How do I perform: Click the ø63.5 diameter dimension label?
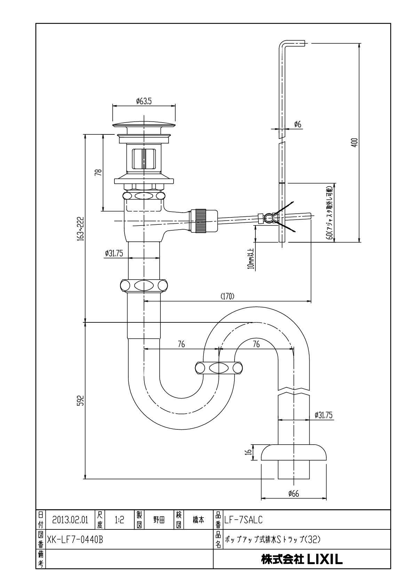tap(144, 101)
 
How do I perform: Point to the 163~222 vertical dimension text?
tap(81, 229)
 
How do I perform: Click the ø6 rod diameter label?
tap(297, 124)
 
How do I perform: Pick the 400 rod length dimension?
tap(355, 142)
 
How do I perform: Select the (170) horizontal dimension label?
tap(228, 296)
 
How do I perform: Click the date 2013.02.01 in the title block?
tap(70, 520)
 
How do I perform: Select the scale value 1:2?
tap(119, 520)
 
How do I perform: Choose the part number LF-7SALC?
tap(244, 520)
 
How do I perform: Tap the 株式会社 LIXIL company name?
tap(302, 559)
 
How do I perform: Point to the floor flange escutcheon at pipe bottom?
tap(294, 452)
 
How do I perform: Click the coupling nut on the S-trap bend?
tap(218, 368)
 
